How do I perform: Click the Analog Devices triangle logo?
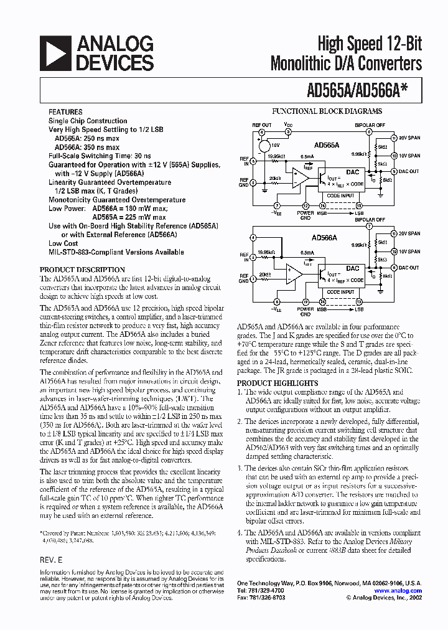point(55,53)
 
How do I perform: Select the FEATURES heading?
point(65,112)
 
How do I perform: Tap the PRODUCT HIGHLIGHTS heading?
point(278,383)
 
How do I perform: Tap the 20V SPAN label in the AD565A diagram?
point(409,137)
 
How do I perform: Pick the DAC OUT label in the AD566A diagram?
point(409,267)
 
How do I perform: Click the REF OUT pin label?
point(261,125)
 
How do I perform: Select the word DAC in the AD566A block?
point(352,268)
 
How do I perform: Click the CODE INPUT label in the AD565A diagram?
point(340,195)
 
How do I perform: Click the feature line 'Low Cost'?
point(63,243)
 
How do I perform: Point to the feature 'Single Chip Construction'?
point(88,121)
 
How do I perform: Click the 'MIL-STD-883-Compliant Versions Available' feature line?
point(116,252)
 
